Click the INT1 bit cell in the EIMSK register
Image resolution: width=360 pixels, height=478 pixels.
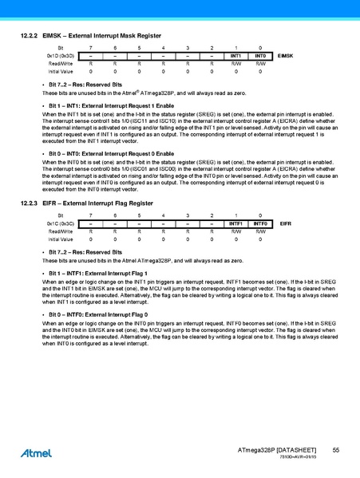(235, 56)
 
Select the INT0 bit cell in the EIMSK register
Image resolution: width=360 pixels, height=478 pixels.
(260, 56)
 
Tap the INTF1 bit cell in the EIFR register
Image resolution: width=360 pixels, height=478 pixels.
(235, 224)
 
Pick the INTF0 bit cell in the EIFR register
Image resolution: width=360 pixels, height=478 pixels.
(260, 224)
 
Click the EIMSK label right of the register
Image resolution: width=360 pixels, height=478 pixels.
(287, 56)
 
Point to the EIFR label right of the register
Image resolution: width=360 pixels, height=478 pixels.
(284, 224)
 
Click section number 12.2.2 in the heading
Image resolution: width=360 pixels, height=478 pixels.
(28, 37)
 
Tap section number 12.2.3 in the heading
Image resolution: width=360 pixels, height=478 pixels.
(28, 205)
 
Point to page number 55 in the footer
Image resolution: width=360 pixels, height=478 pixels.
(336, 452)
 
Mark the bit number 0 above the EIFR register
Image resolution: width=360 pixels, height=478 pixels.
(260, 216)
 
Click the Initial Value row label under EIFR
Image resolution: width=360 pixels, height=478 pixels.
(61, 239)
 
